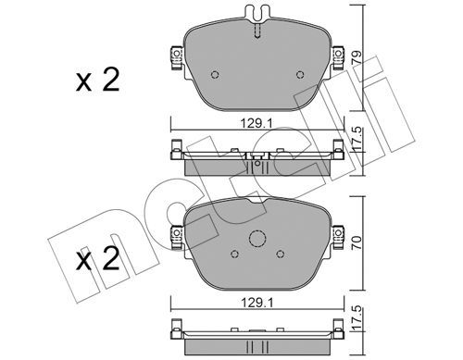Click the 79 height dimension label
pos(357,57)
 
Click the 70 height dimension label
pos(357,242)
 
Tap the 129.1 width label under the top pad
pos(257,124)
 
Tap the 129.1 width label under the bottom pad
pos(257,303)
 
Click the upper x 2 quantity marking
pos(97,80)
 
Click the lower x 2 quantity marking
pos(97,258)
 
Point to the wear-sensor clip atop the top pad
pos(257,14)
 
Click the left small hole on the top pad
pos(215,75)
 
